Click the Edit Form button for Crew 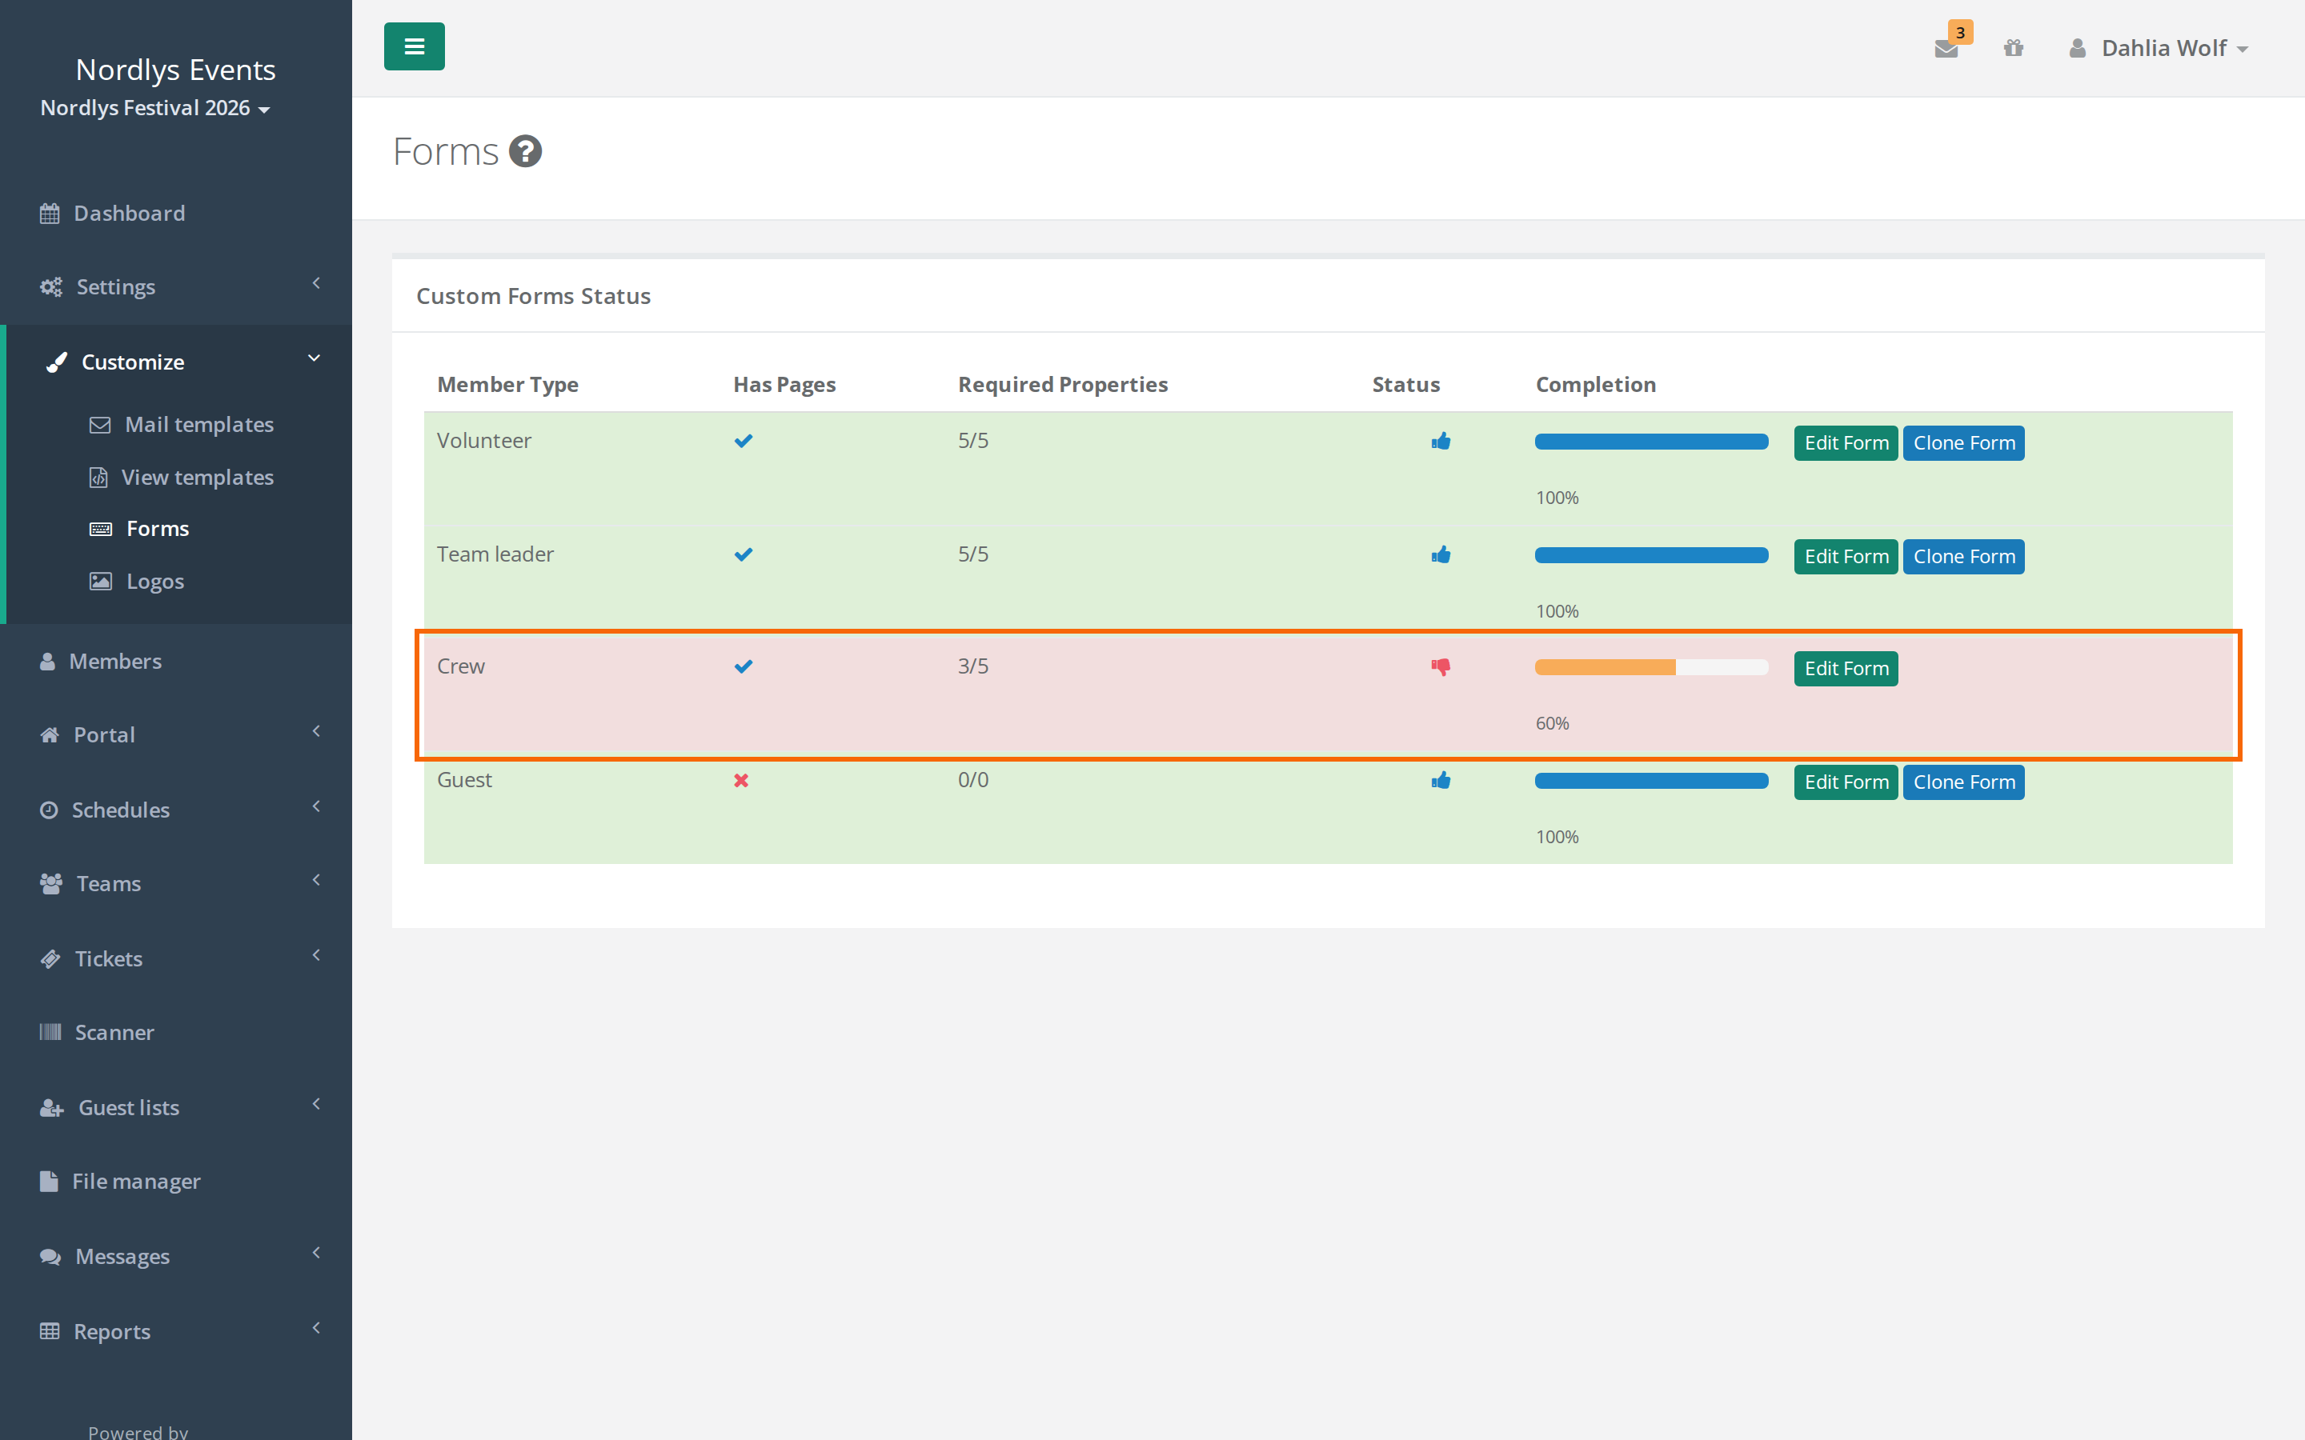click(1845, 669)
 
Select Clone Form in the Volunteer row click(1963, 443)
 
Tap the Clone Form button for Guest click(1963, 782)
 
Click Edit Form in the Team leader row click(1845, 556)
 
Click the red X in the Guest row click(741, 781)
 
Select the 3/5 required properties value click(973, 666)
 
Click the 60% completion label click(1552, 723)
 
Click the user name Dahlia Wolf click(2163, 48)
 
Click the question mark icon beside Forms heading click(525, 150)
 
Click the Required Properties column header click(1062, 384)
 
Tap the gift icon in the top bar click(2013, 48)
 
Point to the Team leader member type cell click(495, 554)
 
